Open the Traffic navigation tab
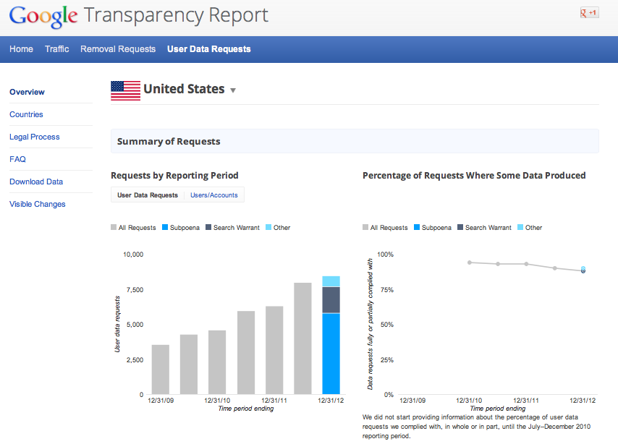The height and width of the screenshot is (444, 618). pyautogui.click(x=57, y=49)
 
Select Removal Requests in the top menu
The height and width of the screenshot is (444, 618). pyautogui.click(x=118, y=49)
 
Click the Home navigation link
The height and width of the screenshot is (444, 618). pyautogui.click(x=22, y=49)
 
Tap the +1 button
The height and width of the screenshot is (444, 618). pyautogui.click(x=589, y=13)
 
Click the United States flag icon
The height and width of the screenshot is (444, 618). pyautogui.click(x=125, y=90)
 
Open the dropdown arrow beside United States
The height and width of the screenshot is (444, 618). pyautogui.click(x=233, y=91)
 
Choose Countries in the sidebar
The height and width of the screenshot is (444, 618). pyautogui.click(x=26, y=114)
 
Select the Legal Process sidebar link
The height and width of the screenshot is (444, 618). pyautogui.click(x=35, y=137)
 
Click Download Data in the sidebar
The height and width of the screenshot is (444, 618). pyautogui.click(x=36, y=182)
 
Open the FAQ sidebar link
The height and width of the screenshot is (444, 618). pyautogui.click(x=17, y=159)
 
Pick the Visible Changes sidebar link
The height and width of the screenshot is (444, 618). pyautogui.click(x=38, y=204)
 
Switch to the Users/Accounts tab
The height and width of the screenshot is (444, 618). pyautogui.click(x=214, y=195)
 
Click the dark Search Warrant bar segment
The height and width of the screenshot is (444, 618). pyautogui.click(x=331, y=299)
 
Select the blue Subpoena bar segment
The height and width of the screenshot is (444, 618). pyautogui.click(x=331, y=354)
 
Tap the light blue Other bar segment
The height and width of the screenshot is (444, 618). pyautogui.click(x=331, y=281)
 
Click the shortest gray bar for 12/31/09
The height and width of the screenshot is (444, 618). pyautogui.click(x=160, y=370)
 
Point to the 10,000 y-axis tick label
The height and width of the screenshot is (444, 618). pyautogui.click(x=133, y=255)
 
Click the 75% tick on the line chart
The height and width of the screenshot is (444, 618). pyautogui.click(x=386, y=290)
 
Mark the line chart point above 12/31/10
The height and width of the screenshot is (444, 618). pyautogui.click(x=470, y=262)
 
